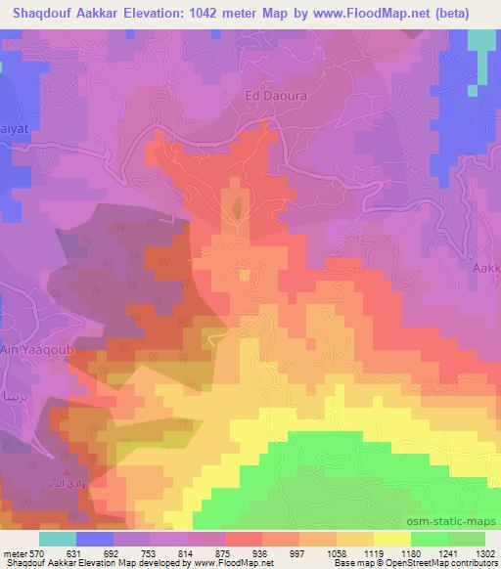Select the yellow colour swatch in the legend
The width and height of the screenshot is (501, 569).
coord(391,539)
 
